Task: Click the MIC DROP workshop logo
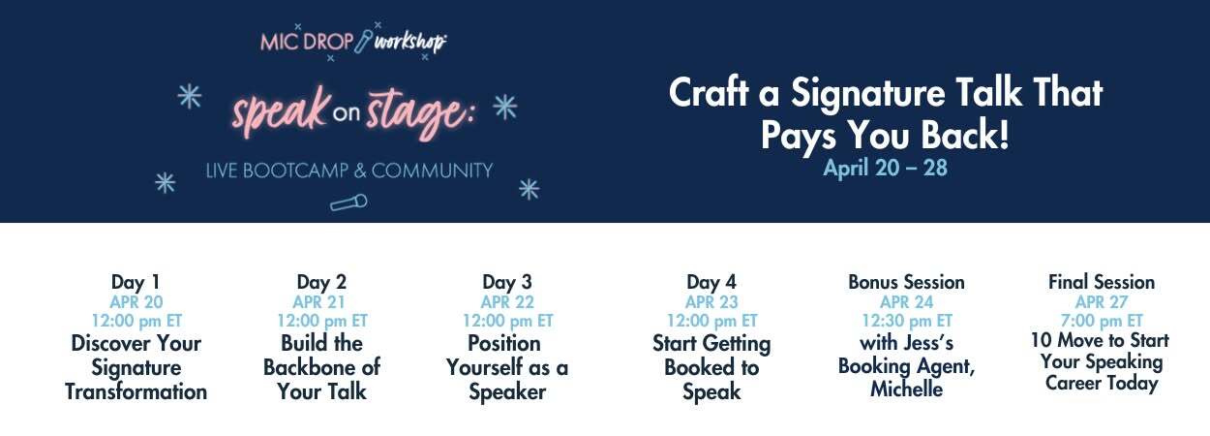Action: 353,41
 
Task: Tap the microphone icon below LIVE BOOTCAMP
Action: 348,202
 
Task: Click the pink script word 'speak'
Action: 280,110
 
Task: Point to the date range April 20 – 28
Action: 885,168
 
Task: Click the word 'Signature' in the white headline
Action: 868,93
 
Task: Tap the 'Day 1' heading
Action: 136,282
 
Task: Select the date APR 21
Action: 318,302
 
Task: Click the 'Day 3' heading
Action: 506,282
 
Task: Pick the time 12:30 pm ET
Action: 906,321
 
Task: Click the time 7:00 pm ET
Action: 1102,321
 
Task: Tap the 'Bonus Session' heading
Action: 906,282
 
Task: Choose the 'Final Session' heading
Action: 1102,282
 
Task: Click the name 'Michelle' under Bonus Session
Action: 906,389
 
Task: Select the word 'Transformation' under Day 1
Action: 136,391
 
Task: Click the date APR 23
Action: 711,302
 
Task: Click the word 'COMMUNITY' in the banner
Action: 432,171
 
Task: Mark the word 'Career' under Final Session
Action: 1073,383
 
